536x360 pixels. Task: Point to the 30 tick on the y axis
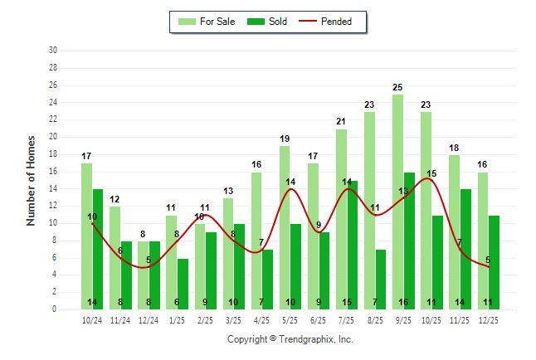pos(53,51)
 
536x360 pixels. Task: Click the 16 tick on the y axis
pos(53,172)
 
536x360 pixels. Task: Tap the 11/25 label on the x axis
pos(460,319)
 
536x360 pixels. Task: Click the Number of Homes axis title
pos(31,180)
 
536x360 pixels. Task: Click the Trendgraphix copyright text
pos(290,339)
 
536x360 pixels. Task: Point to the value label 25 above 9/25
pos(398,87)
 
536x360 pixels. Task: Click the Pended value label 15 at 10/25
pos(431,173)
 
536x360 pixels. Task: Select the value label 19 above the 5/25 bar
pos(285,139)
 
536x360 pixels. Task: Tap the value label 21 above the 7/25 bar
pos(341,122)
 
